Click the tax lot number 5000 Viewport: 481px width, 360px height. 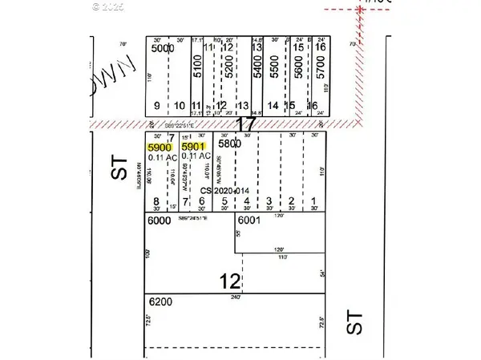[161, 48]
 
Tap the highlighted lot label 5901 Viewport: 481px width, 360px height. [195, 148]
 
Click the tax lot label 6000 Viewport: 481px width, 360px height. [160, 219]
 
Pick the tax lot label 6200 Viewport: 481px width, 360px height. [160, 302]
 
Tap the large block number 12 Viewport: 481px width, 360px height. [230, 280]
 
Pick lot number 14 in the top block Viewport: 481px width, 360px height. [273, 106]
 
